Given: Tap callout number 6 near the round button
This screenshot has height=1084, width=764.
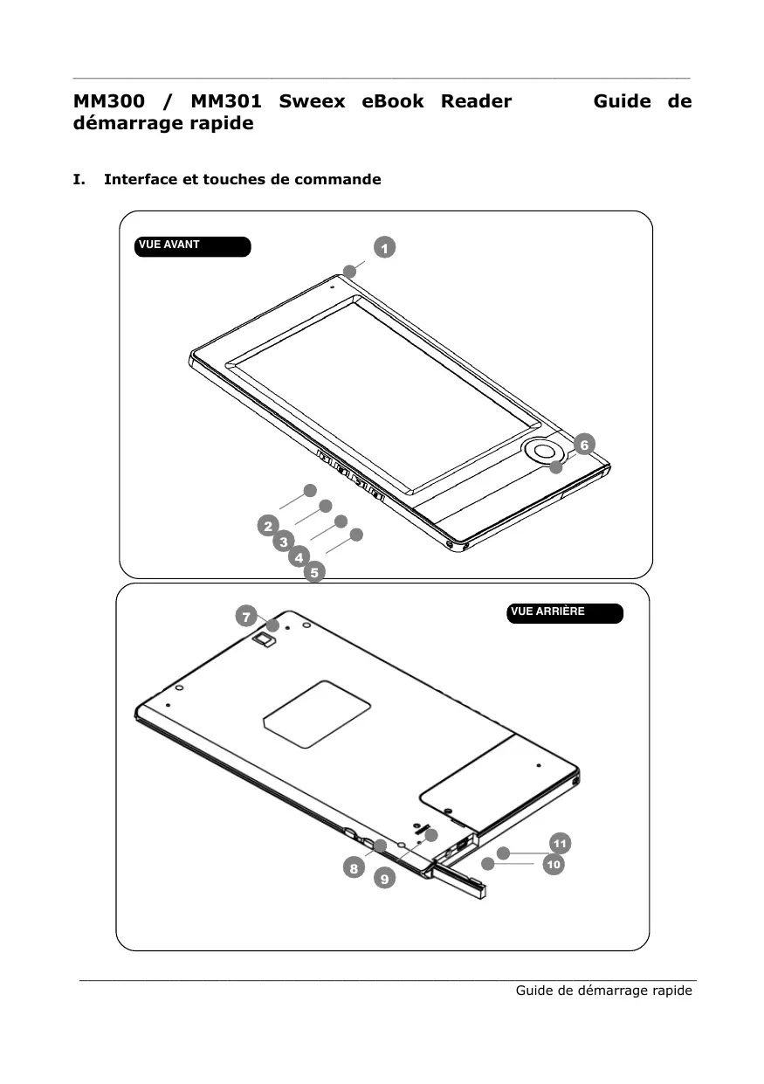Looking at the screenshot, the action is [x=584, y=444].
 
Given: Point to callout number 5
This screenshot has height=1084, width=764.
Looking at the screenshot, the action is [x=314, y=572].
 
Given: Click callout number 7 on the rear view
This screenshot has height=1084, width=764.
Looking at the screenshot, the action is [x=247, y=617].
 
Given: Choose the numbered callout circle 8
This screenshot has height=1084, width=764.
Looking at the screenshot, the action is [x=353, y=868].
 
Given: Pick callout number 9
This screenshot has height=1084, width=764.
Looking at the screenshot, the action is [x=384, y=879].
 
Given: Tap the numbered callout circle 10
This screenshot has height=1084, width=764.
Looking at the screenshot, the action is [x=552, y=865].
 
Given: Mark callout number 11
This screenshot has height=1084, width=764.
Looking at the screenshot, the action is [x=560, y=843].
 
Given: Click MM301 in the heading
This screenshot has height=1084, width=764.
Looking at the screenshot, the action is [x=225, y=101].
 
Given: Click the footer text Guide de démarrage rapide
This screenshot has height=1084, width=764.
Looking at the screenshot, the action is [x=603, y=991].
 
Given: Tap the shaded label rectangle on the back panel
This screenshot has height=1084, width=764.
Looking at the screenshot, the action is [x=317, y=714].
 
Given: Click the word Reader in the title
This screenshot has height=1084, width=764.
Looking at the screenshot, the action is [x=476, y=101].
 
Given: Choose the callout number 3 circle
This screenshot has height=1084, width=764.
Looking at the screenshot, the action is [x=284, y=542].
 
